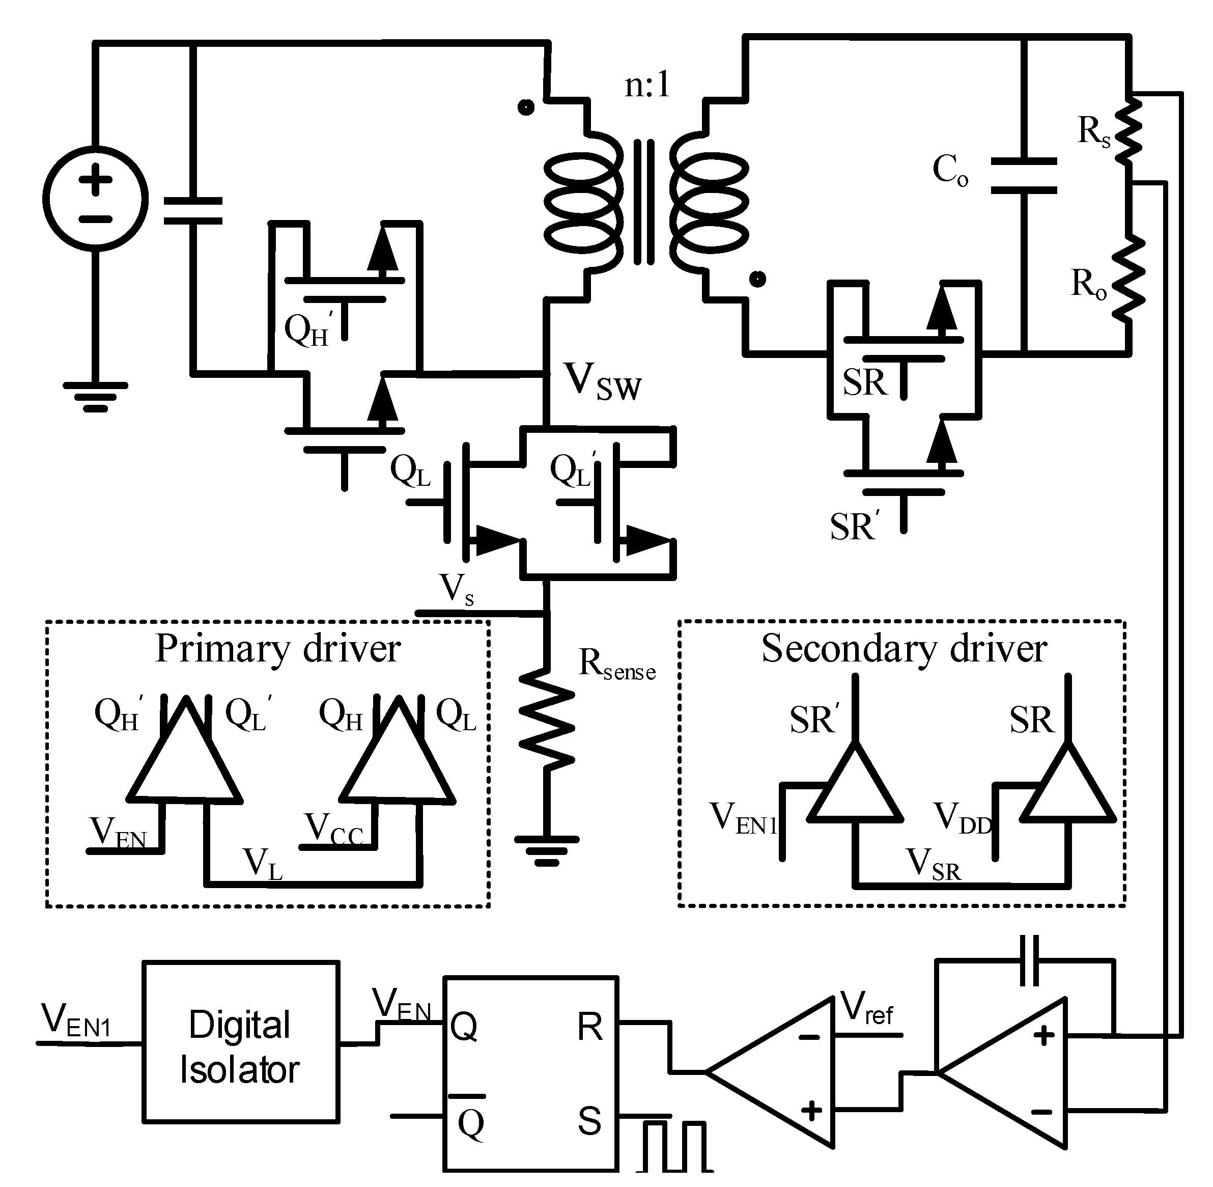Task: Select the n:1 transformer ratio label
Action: (x=647, y=84)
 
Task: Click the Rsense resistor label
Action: (x=616, y=665)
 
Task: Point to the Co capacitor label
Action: (x=949, y=170)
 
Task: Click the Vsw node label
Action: (x=602, y=381)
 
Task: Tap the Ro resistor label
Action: (x=1088, y=284)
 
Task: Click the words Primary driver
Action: (x=277, y=648)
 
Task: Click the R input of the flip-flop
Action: (x=589, y=1027)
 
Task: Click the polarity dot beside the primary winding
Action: (x=526, y=107)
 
